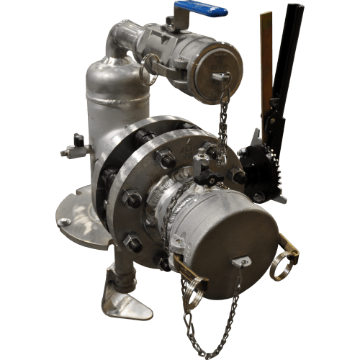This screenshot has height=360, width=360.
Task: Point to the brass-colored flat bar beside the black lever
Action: click(266, 58)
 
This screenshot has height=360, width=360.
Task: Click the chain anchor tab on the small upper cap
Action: click(222, 76)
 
